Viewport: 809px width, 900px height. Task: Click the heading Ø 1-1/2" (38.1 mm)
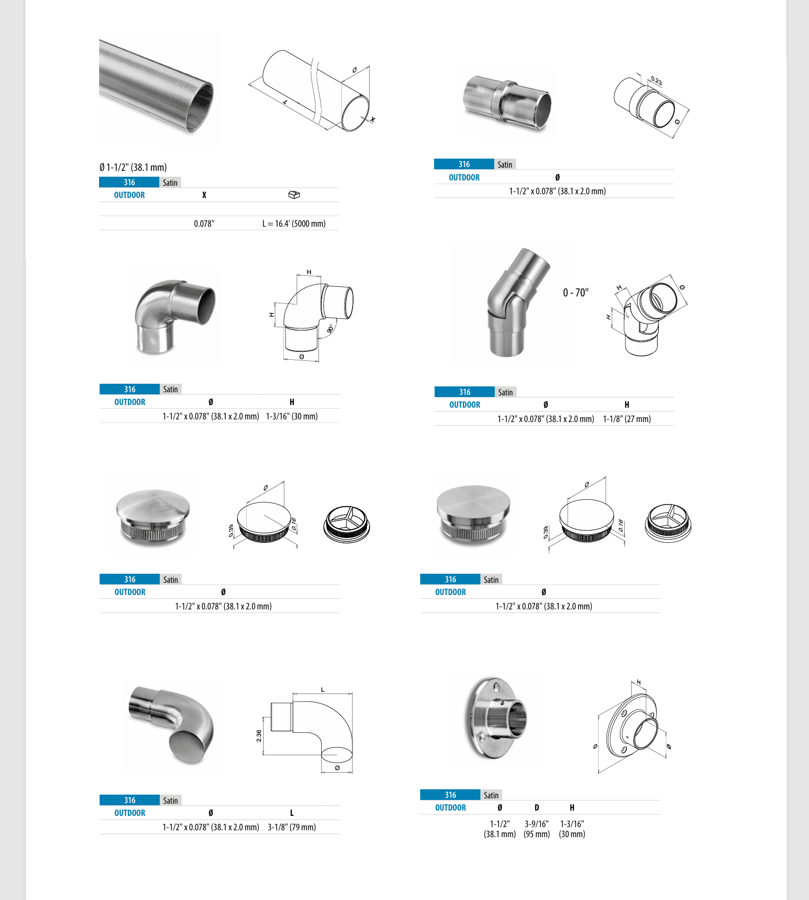(x=133, y=167)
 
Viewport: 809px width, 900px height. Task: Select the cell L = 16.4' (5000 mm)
(x=294, y=224)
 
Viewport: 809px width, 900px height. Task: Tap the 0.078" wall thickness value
(x=204, y=224)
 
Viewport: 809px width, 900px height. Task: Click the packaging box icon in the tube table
(x=294, y=195)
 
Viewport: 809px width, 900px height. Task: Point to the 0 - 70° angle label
(x=576, y=293)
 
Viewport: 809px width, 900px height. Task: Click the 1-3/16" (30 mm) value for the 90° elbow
(x=292, y=416)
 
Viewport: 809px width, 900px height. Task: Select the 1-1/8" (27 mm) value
(x=627, y=419)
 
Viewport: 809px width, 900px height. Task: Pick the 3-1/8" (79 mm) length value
(x=292, y=827)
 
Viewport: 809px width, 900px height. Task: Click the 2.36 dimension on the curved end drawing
(x=259, y=736)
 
